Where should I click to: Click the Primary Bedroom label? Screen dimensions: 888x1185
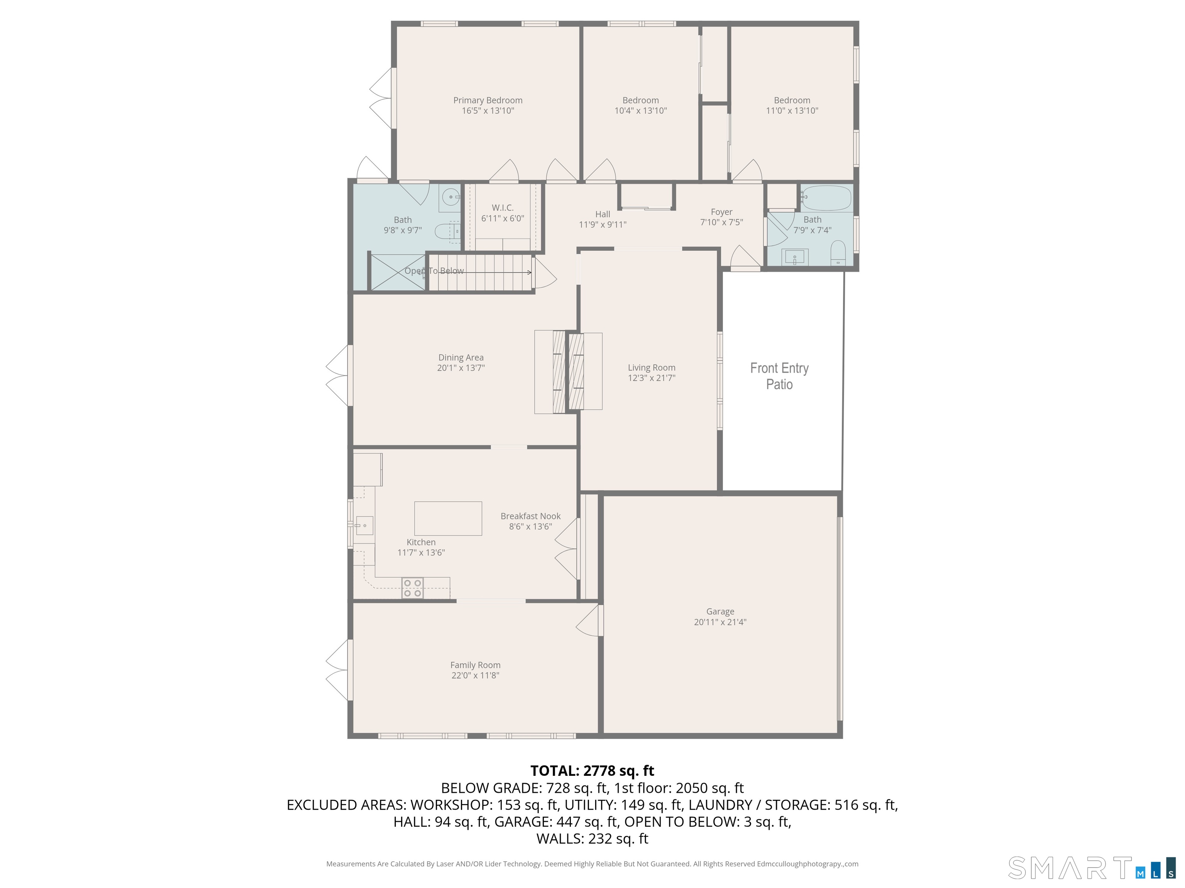[488, 101]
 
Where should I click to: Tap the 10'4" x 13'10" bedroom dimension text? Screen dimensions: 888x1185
[640, 111]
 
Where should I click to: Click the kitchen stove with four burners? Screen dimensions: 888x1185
[412, 588]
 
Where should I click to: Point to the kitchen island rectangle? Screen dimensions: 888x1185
[448, 518]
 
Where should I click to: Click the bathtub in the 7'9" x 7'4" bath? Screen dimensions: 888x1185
[827, 197]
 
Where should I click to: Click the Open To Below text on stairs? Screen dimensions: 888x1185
[434, 271]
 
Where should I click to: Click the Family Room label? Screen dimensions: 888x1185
[475, 665]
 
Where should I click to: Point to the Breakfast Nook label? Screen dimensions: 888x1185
[530, 516]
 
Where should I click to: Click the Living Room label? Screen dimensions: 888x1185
[652, 368]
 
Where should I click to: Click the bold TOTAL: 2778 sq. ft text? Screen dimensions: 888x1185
[592, 771]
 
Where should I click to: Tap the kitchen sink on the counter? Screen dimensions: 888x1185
[364, 526]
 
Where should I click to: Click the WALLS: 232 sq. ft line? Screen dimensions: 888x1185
[592, 839]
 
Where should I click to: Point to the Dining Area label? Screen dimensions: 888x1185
[461, 358]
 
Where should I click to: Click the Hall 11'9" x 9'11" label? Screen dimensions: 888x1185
[602, 219]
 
